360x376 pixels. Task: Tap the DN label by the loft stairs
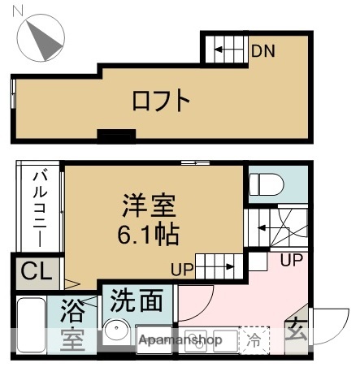tap(262, 52)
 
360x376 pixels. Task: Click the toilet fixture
tap(265, 183)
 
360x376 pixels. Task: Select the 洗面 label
tap(136, 300)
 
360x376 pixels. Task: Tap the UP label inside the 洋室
tap(183, 269)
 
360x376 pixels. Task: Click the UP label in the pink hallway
tap(292, 261)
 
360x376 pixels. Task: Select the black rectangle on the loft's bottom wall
tap(115, 134)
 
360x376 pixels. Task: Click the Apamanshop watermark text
tap(180, 340)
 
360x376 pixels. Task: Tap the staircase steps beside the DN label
tap(223, 51)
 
